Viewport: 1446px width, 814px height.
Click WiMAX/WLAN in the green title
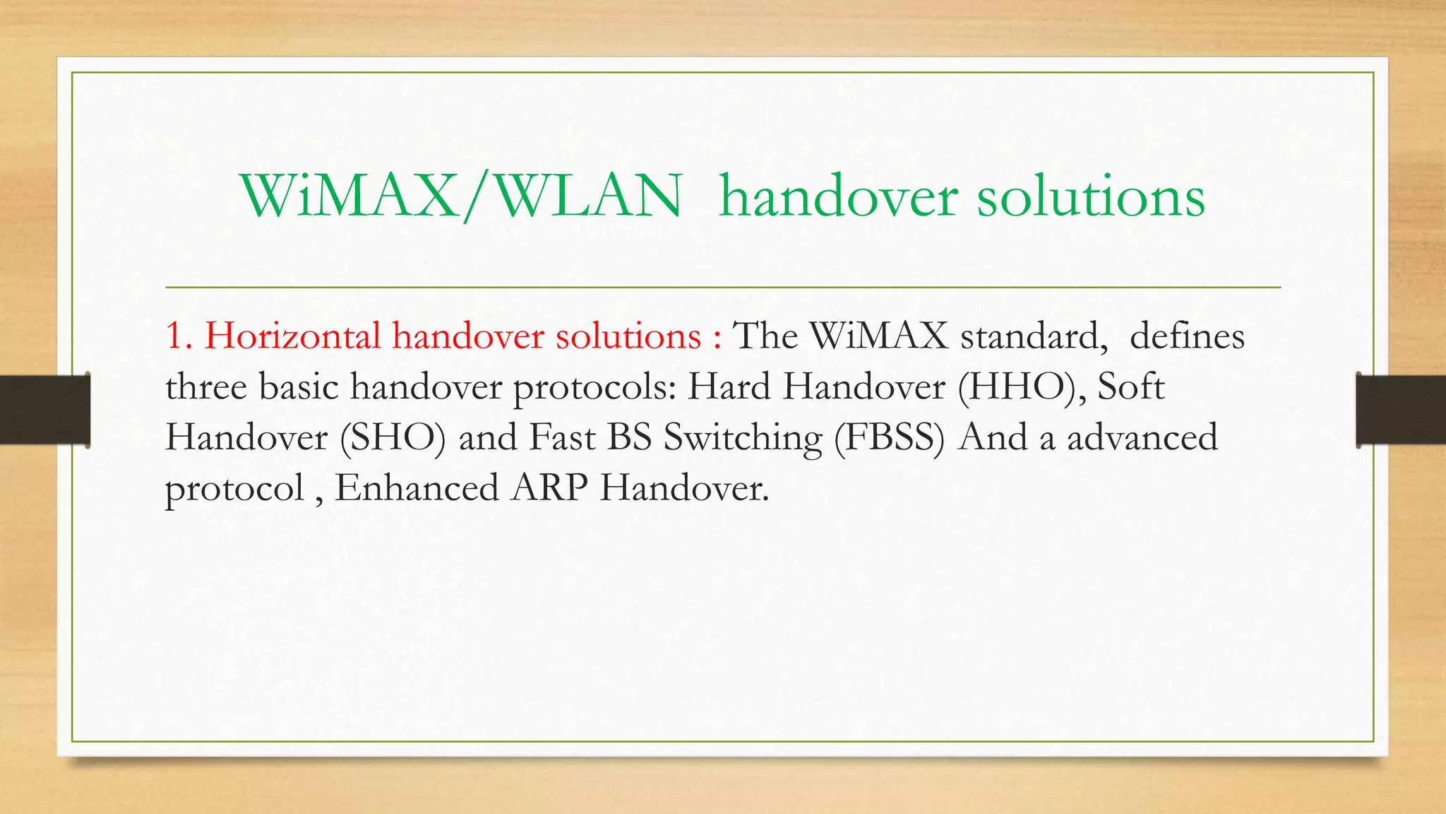(x=462, y=196)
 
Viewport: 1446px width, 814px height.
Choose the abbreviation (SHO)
(x=393, y=437)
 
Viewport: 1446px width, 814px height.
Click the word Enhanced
(x=417, y=488)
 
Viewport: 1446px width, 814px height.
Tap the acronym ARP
(x=549, y=488)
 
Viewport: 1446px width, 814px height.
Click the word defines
(x=1187, y=336)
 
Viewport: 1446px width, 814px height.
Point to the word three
(x=206, y=387)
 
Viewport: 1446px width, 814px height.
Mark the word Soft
(x=1131, y=387)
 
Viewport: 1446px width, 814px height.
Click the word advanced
(x=1142, y=437)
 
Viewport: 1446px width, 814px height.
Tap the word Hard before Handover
(x=729, y=387)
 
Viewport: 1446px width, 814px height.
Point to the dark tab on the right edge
(x=1401, y=410)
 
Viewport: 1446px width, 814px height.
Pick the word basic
(x=299, y=387)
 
